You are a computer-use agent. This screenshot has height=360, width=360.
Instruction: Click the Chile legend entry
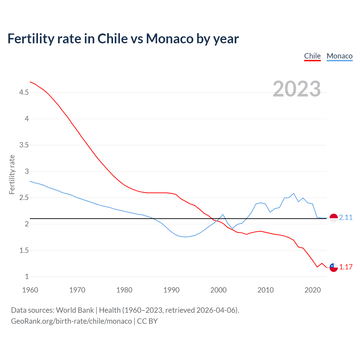(312, 56)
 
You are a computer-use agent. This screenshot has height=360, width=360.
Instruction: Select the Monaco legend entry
(339, 56)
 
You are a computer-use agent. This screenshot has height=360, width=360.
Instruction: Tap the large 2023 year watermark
(296, 89)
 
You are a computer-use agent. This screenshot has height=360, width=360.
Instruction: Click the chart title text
(123, 39)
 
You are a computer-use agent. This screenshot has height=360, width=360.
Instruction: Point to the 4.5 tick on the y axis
(24, 92)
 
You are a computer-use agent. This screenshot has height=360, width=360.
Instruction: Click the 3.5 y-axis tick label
(24, 145)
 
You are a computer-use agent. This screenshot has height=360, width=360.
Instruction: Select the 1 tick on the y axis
(27, 276)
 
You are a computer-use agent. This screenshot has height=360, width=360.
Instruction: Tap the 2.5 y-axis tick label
(24, 198)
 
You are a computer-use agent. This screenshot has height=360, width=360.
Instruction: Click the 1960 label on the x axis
(30, 290)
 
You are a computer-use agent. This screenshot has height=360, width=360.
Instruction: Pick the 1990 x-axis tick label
(171, 290)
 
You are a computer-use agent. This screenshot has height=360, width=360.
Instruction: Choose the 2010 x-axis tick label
(265, 290)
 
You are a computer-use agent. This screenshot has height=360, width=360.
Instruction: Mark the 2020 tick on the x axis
(312, 290)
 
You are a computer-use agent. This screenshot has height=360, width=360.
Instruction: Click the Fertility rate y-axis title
(12, 174)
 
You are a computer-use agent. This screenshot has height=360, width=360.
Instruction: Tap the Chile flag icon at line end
(334, 267)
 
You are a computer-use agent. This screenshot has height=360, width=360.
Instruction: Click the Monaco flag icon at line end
(334, 218)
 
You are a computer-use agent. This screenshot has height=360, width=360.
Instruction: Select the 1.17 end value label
(346, 267)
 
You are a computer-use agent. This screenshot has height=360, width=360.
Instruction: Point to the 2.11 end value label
(346, 217)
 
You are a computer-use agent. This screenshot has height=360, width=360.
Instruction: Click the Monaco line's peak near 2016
(294, 193)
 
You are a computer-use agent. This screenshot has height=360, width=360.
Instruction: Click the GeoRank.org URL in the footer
(71, 321)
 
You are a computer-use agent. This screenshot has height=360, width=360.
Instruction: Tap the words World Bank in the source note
(75, 310)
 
